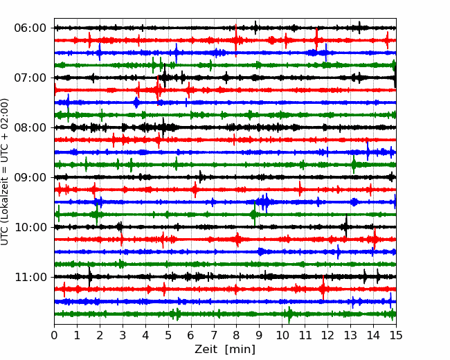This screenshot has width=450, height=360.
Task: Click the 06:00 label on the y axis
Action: point(30,28)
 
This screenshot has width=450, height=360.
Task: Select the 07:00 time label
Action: point(30,78)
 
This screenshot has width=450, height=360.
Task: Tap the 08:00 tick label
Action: point(30,128)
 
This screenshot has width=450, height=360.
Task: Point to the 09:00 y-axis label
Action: point(30,178)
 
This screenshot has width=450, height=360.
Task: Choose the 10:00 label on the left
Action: point(30,227)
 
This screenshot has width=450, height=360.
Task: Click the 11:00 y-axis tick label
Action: point(30,278)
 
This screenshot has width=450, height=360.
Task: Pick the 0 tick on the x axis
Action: point(54,335)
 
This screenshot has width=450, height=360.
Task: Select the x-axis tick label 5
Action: point(168,335)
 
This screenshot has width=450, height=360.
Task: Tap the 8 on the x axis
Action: point(237,335)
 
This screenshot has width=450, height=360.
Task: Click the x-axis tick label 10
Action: point(282,335)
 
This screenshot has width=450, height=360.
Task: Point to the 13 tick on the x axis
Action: point(350,335)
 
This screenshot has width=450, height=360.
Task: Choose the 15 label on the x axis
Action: point(396,335)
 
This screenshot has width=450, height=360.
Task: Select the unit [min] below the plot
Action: point(240,350)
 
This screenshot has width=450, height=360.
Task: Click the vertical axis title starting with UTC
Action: point(4,172)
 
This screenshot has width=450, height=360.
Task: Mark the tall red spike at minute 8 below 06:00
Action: point(236,40)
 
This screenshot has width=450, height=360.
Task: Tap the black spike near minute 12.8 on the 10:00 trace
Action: point(346,226)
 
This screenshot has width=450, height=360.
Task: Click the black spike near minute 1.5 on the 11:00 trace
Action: point(89,277)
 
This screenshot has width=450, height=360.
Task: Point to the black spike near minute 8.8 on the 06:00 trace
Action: point(255,28)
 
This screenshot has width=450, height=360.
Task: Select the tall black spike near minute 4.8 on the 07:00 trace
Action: point(165,75)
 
